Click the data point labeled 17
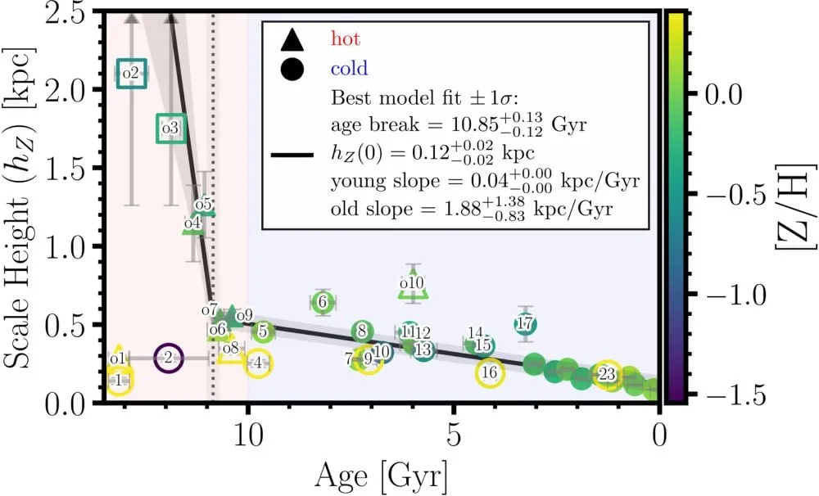coord(524,323)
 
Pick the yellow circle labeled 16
coord(490,359)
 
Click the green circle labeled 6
coord(322,301)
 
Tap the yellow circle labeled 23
coord(607,361)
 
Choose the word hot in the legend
coord(346,38)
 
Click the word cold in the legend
coord(349,69)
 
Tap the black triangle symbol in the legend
coord(292,39)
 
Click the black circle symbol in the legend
coord(292,69)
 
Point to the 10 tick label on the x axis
coord(247,436)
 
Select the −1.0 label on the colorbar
coord(736,295)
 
